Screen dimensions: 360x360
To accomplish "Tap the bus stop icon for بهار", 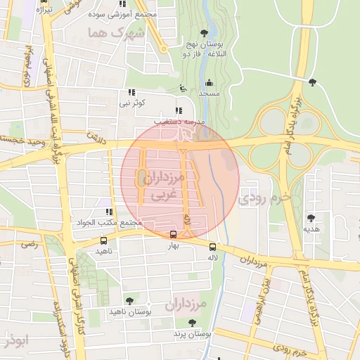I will (x=174, y=235).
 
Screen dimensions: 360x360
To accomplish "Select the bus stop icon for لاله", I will (x=212, y=247).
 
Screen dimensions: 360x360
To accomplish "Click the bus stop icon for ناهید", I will (x=103, y=240).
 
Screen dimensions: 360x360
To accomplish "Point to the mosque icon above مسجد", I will (x=209, y=83).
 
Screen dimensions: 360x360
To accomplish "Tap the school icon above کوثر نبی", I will (x=131, y=92).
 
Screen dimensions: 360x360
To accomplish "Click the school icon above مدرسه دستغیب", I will (x=178, y=110).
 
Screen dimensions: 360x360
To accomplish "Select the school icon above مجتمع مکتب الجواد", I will (x=108, y=212).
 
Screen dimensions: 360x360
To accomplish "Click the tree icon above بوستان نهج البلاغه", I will (x=204, y=32).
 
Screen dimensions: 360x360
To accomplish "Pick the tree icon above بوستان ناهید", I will (x=128, y=300).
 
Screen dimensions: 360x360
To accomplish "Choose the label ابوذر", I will (x=15, y=342).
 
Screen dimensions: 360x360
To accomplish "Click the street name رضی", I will (x=29, y=244).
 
